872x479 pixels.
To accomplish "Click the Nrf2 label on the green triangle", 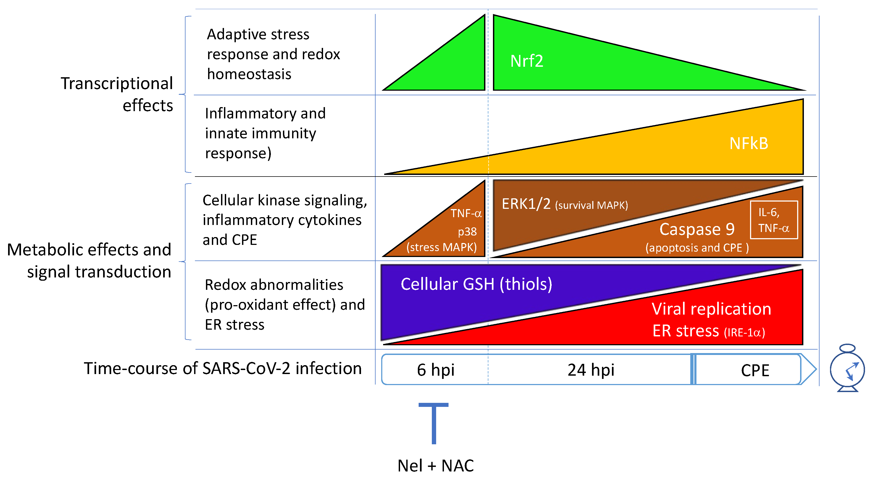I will point(526,61).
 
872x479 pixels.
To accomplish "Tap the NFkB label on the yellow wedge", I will point(748,143).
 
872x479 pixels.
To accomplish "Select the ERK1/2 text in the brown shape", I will point(526,204).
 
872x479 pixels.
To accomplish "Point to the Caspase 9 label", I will point(697,229).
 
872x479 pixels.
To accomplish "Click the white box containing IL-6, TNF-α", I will point(773,220).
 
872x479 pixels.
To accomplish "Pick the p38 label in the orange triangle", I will point(467,232).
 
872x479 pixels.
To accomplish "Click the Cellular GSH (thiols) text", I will point(476,284).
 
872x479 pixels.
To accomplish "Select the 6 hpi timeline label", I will point(435,370).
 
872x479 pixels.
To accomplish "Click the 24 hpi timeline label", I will point(591,370).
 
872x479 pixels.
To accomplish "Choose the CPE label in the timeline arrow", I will point(755,370).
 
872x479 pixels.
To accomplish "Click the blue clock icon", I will point(847,369).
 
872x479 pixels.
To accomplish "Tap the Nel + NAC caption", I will point(435,466).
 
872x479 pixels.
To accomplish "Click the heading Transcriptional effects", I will point(117,94).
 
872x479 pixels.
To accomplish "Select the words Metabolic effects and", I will point(89,250).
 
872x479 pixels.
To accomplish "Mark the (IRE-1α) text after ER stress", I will point(744,333).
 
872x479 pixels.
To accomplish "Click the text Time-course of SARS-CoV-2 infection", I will point(223,368).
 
